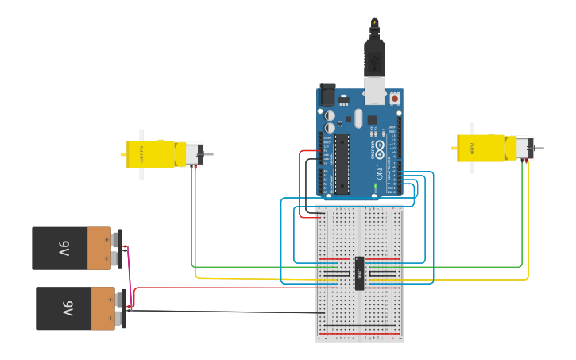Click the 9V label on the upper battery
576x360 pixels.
pos(64,248)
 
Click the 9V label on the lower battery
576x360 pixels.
pos(68,308)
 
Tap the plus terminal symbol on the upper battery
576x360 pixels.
pos(106,237)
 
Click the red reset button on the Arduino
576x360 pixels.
pos(394,99)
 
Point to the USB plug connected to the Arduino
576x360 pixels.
pos(374,60)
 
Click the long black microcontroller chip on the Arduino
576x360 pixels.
pos(342,164)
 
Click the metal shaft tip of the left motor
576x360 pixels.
pos(211,155)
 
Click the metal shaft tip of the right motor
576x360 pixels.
pos(541,149)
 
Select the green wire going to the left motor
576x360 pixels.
pos(191,223)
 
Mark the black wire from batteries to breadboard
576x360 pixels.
pos(222,312)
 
